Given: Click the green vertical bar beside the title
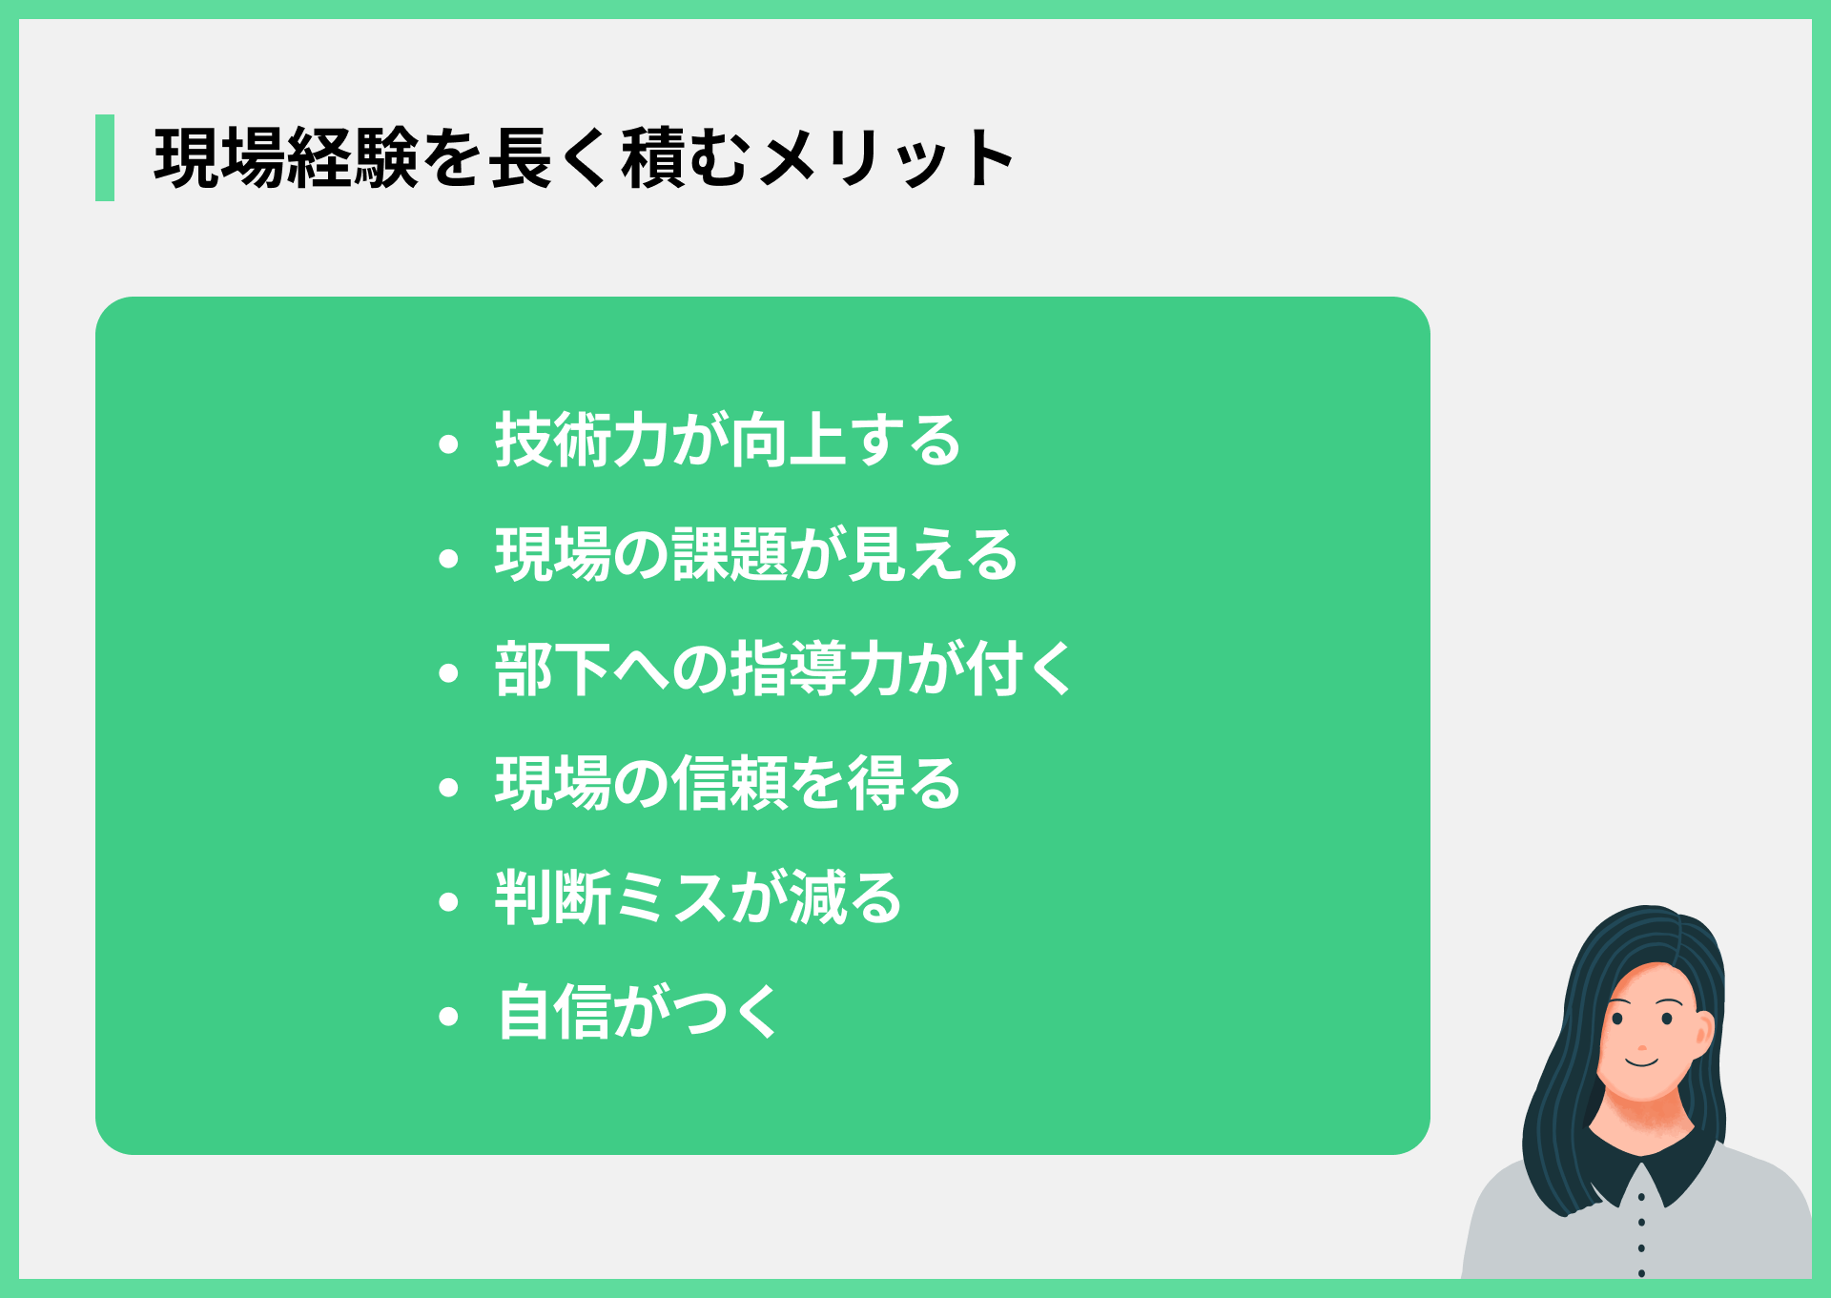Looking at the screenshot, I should (x=105, y=157).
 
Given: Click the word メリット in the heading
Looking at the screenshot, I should (x=888, y=158).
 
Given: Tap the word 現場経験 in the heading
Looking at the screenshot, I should (x=286, y=158).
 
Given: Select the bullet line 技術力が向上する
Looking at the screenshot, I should (x=728, y=441).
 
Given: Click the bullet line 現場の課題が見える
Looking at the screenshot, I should (x=756, y=555).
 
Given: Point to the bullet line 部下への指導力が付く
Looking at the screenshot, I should (x=784, y=670).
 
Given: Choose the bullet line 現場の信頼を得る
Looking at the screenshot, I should (x=728, y=784).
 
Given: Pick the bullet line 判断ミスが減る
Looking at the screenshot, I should (x=698, y=898).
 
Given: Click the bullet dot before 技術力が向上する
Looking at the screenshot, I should (x=448, y=444).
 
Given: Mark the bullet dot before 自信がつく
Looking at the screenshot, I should (x=448, y=1017).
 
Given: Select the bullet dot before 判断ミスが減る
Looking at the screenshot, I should (x=448, y=902).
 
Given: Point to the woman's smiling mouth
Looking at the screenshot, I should (x=1642, y=1061).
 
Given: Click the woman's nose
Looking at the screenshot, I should (x=1642, y=1035).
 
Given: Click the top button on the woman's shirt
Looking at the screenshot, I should (x=1641, y=1196).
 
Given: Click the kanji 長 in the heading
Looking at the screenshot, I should (x=521, y=158).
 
